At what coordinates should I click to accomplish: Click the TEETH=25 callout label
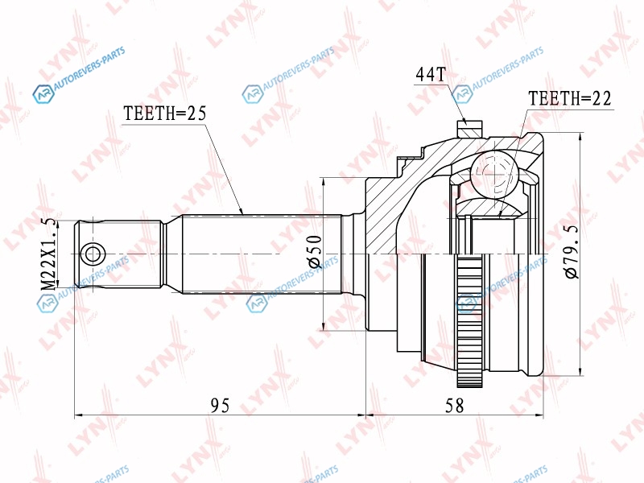tap(164, 114)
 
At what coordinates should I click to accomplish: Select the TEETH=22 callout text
tap(570, 98)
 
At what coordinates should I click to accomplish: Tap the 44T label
tap(431, 74)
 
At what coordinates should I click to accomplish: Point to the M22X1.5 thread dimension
tap(49, 254)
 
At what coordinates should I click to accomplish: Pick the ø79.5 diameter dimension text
tap(572, 252)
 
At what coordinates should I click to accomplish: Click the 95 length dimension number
tap(220, 406)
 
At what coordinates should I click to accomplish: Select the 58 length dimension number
tap(454, 406)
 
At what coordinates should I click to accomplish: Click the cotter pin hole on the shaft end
tap(93, 254)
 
